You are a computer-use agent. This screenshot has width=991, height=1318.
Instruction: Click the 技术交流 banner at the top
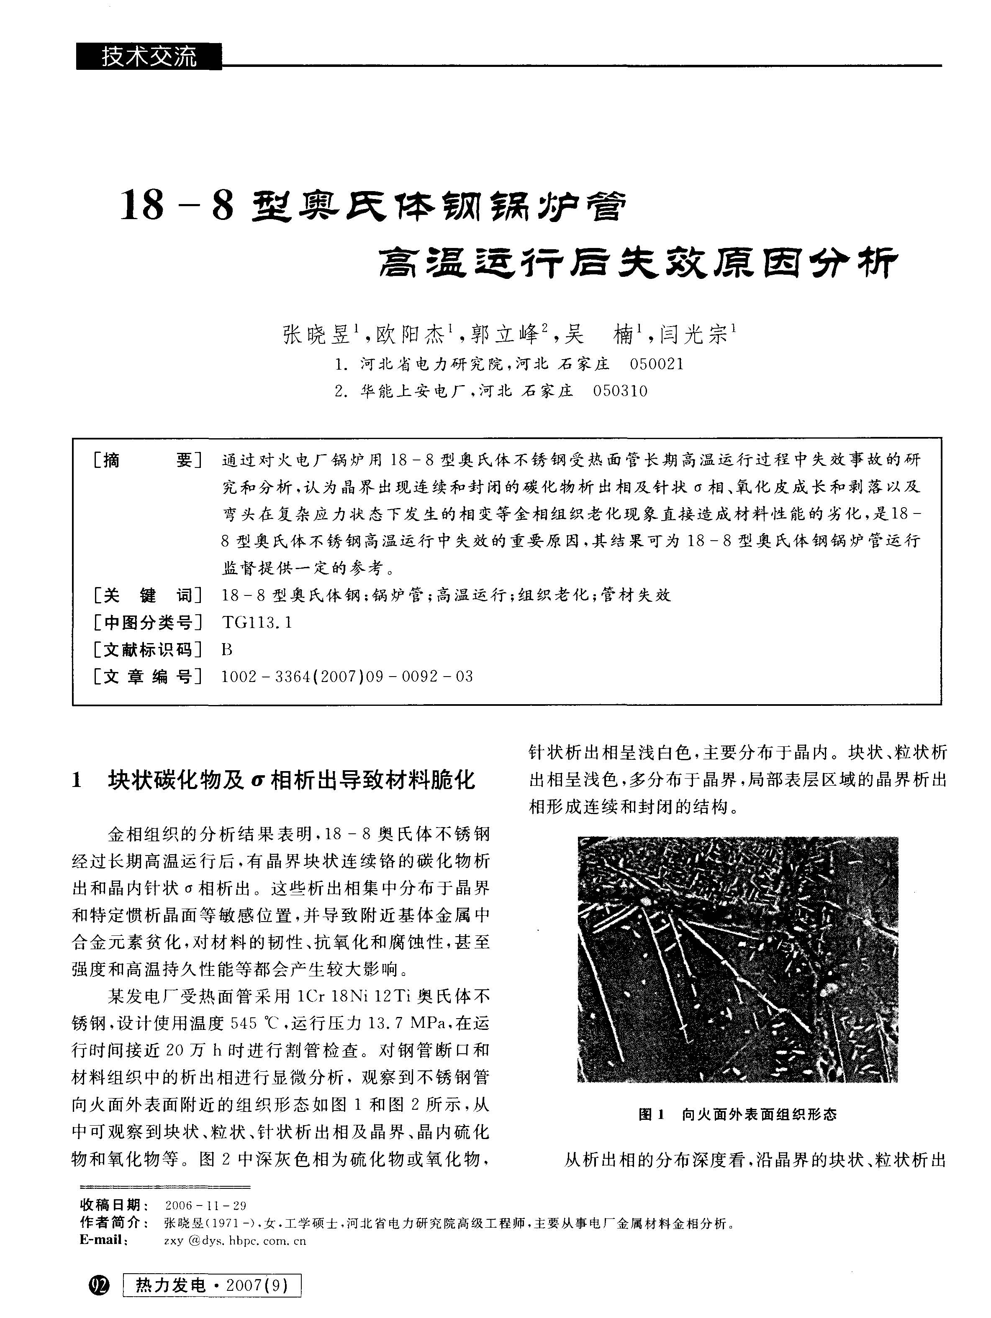pyautogui.click(x=149, y=57)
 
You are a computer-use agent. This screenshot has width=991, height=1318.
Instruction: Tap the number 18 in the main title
pyautogui.click(x=142, y=206)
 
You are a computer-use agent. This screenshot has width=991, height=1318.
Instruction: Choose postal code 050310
pyautogui.click(x=620, y=391)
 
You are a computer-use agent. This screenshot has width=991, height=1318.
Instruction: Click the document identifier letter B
pyautogui.click(x=226, y=649)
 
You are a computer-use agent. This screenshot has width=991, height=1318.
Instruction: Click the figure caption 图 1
pyautogui.click(x=651, y=1114)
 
